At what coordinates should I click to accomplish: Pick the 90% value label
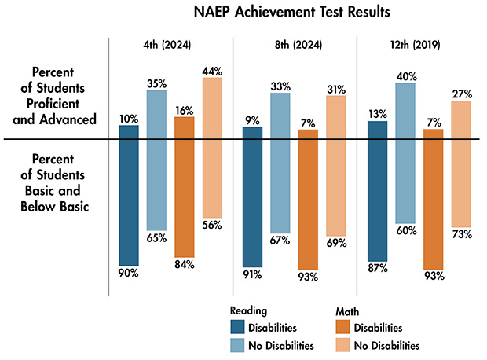[x=128, y=273]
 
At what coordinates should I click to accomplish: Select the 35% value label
[x=157, y=82]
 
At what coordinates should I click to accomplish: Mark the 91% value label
[x=252, y=274]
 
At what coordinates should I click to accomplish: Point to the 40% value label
[x=406, y=75]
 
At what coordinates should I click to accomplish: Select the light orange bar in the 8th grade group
[x=336, y=165]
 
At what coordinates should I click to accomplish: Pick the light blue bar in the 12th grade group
[x=405, y=152]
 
